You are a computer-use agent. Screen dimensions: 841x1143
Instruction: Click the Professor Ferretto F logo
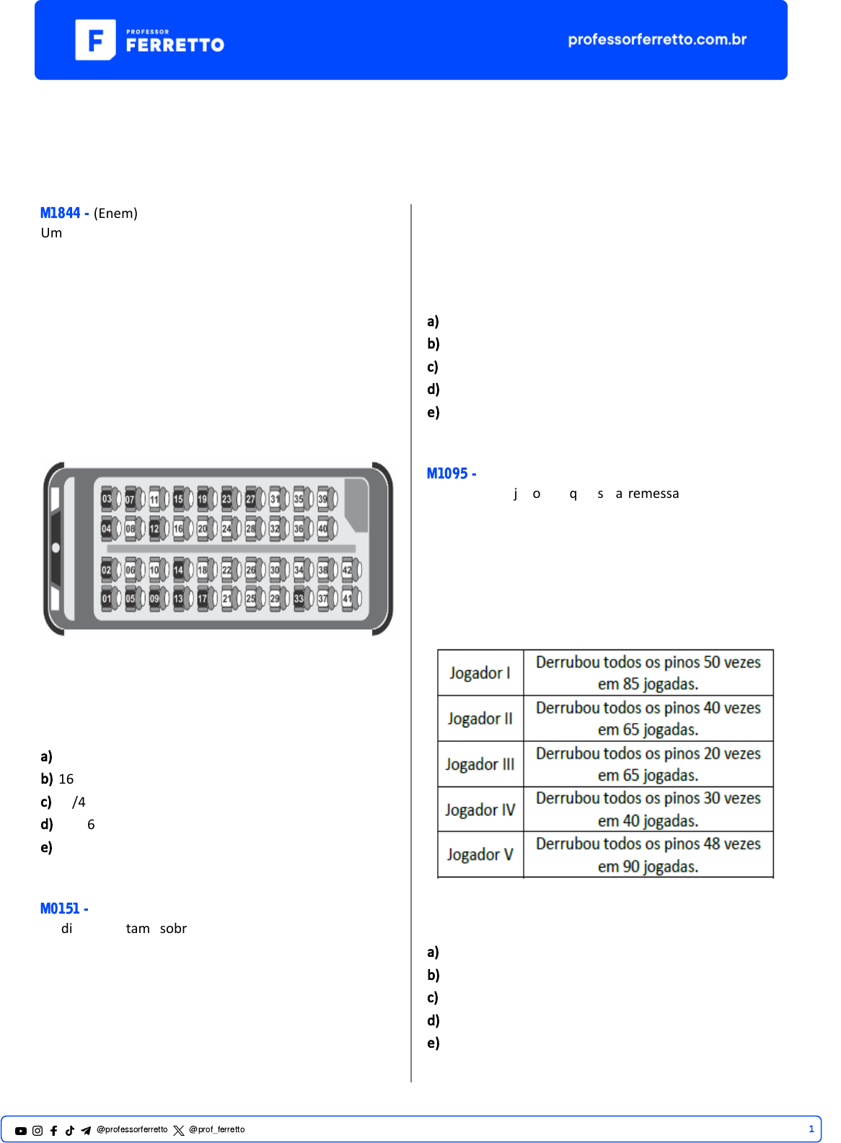(x=95, y=40)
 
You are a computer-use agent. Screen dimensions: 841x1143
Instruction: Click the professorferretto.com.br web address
(x=657, y=40)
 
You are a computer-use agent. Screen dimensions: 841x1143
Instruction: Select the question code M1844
(x=60, y=213)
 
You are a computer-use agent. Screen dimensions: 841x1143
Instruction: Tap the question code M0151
(x=60, y=908)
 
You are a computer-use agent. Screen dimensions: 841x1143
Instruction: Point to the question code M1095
(x=447, y=473)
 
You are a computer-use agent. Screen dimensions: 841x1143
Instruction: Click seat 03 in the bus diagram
(x=107, y=499)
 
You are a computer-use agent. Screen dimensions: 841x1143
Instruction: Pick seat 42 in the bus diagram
(x=348, y=570)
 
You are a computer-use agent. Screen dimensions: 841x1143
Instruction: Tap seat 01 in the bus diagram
(x=107, y=598)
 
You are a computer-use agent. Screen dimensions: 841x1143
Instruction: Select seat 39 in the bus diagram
(x=323, y=499)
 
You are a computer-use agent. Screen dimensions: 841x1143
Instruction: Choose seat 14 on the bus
(x=178, y=570)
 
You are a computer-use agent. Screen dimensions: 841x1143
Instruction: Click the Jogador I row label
(x=480, y=673)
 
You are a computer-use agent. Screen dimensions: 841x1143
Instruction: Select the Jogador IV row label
(x=480, y=810)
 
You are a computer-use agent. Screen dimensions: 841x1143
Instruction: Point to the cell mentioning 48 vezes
(x=648, y=854)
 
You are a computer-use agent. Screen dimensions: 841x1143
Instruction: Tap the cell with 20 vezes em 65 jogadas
(x=648, y=764)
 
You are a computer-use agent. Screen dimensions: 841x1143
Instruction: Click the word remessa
(x=653, y=494)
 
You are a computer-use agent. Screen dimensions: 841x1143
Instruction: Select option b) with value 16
(x=57, y=779)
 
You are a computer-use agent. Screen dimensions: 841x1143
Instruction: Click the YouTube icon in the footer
(x=21, y=1131)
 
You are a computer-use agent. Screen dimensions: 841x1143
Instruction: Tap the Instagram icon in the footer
(x=38, y=1131)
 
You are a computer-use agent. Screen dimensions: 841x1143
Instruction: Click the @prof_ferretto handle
(x=217, y=1130)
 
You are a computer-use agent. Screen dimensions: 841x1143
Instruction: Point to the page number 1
(x=811, y=1129)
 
